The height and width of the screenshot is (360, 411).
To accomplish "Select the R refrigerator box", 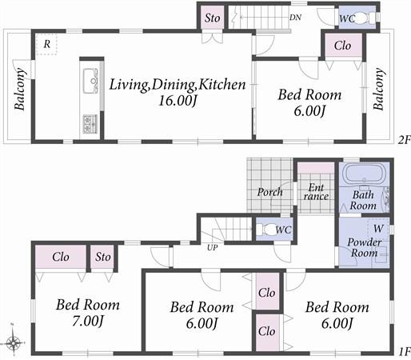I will pyautogui.click(x=48, y=45).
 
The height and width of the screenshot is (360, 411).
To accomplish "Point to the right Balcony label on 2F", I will pyautogui.click(x=379, y=89).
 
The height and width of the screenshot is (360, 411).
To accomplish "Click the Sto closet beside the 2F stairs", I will pyautogui.click(x=212, y=18).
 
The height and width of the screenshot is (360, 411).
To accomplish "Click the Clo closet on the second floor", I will pyautogui.click(x=341, y=46).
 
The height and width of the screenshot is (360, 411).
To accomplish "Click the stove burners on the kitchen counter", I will pyautogui.click(x=90, y=123).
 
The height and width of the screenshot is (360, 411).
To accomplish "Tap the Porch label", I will pyautogui.click(x=269, y=192).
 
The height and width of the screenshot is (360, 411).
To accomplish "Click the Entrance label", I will pyautogui.click(x=314, y=191).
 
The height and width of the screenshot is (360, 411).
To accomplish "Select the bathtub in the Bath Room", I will pyautogui.click(x=364, y=176).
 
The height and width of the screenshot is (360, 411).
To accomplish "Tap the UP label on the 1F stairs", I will pyautogui.click(x=213, y=247).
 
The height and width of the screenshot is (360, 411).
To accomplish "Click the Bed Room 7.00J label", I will pyautogui.click(x=88, y=313).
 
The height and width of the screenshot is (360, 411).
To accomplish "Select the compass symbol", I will pyautogui.click(x=15, y=342).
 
